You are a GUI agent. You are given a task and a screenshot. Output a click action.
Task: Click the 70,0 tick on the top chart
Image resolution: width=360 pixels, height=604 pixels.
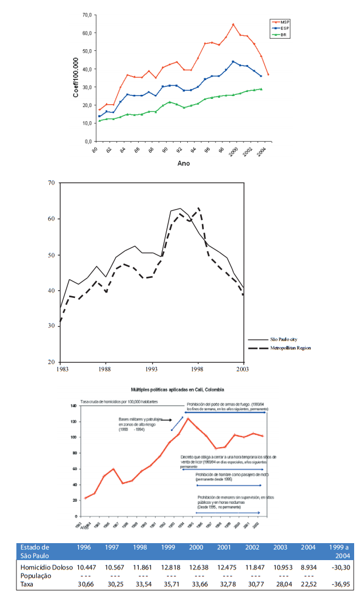tap(88, 15)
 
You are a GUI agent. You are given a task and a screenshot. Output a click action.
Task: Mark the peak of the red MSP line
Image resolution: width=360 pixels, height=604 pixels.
tap(233, 25)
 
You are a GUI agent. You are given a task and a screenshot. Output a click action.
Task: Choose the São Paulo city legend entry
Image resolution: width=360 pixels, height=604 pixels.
tap(286, 339)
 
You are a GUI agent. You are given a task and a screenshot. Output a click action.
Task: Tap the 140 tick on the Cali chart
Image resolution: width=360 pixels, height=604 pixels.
tap(74, 406)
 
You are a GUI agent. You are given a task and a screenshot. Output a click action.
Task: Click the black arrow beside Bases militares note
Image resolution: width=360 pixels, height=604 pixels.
tap(167, 420)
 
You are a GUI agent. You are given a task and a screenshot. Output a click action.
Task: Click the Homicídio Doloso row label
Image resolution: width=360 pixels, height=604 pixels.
tap(45, 567)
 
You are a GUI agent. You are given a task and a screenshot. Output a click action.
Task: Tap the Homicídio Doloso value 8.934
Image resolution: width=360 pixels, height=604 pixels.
tap(308, 567)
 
